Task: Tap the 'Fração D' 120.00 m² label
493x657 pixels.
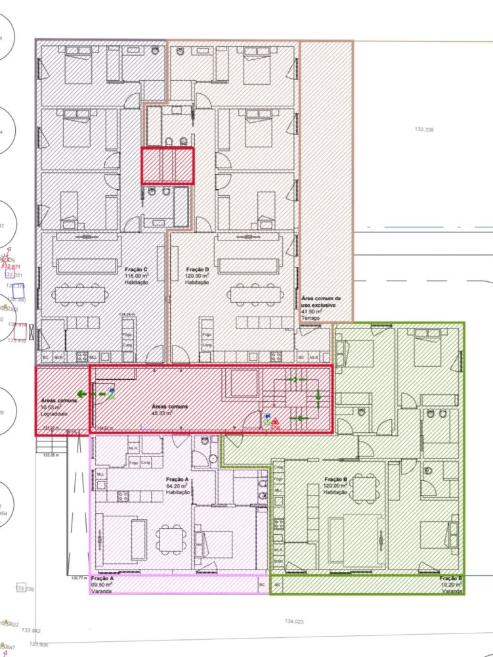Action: click(x=197, y=276)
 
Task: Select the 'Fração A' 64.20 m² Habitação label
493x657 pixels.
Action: click(x=178, y=486)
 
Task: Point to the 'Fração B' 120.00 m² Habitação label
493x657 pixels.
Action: click(x=335, y=486)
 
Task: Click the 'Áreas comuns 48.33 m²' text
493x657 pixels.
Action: click(x=169, y=409)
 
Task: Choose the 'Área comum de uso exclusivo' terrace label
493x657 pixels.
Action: click(x=321, y=308)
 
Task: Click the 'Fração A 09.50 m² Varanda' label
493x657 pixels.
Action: click(x=102, y=585)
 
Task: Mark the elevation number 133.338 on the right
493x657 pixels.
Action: click(x=424, y=130)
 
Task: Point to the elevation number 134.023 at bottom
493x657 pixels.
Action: click(x=294, y=621)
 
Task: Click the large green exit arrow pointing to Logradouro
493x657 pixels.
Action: click(x=82, y=394)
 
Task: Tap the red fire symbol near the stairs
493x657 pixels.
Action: click(x=275, y=423)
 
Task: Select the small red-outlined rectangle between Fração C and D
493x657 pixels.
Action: click(x=168, y=166)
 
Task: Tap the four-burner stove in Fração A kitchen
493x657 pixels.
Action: click(x=123, y=496)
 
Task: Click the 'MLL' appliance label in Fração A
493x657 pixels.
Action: click(x=101, y=474)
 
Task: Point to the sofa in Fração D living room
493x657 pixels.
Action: click(x=248, y=266)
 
